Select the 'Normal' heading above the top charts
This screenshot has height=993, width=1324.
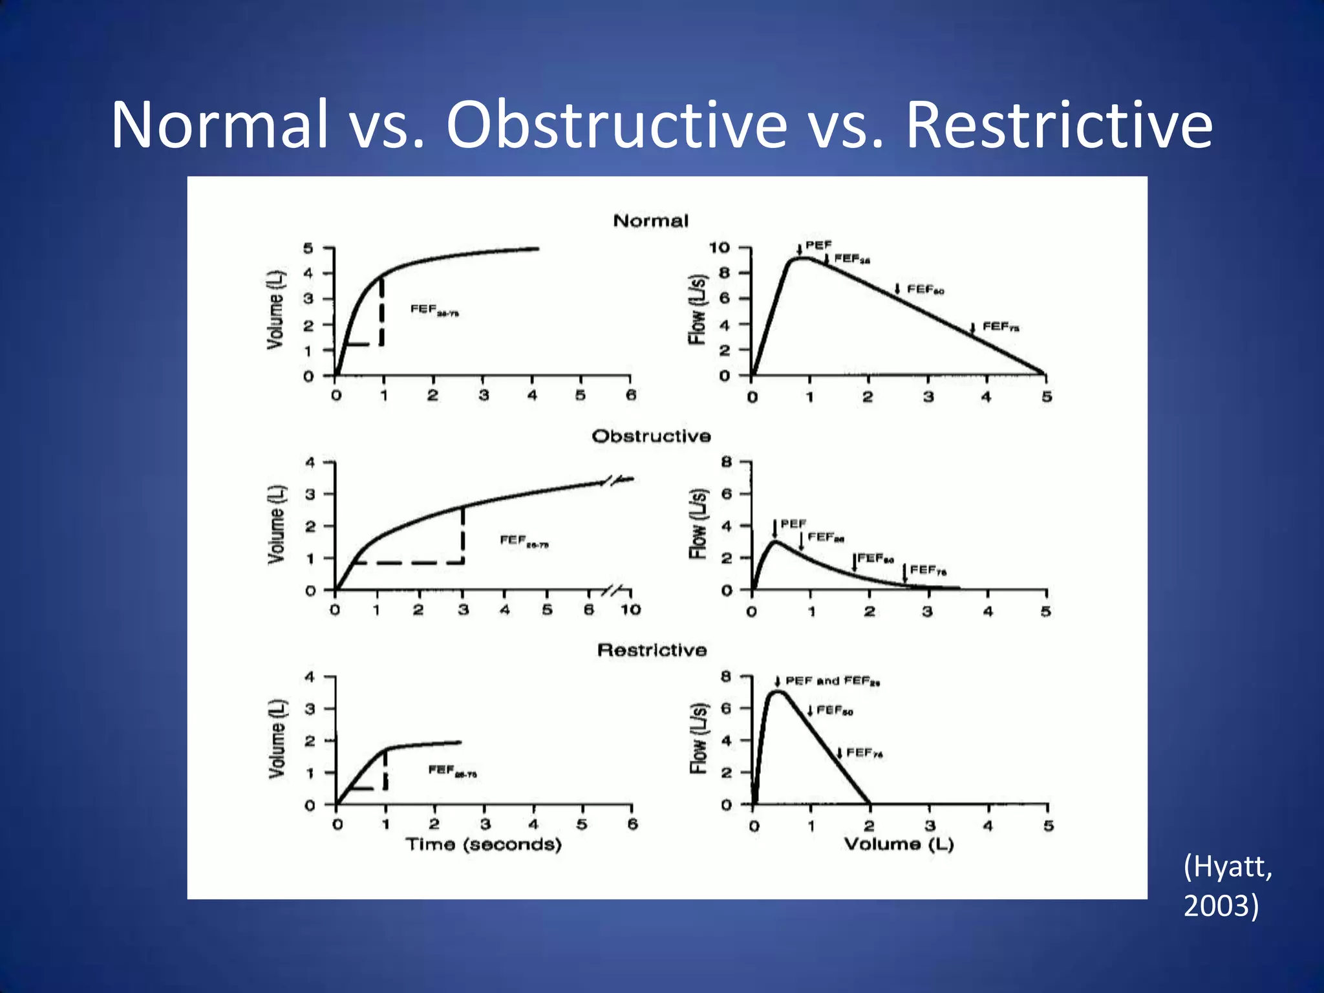[x=650, y=221]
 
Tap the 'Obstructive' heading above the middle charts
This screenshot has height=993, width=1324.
[x=651, y=436]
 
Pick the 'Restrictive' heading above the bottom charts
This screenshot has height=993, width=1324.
[x=652, y=650]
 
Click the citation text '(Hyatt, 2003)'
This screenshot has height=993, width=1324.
[x=1227, y=885]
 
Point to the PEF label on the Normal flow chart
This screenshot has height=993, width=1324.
[x=818, y=245]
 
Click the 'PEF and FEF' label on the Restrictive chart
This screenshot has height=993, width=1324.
[x=832, y=681]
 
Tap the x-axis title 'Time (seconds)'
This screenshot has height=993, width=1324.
[x=484, y=844]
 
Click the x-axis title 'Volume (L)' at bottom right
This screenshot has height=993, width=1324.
[x=899, y=844]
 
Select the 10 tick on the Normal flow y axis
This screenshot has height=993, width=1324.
[x=720, y=248]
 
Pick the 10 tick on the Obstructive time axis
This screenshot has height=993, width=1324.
[x=630, y=610]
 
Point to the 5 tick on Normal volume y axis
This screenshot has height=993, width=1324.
[x=308, y=248]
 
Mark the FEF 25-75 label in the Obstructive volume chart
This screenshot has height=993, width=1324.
[x=524, y=540]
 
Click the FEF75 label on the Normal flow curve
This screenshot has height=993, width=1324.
[x=1000, y=326]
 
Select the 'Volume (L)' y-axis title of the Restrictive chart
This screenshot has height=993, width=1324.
[x=277, y=738]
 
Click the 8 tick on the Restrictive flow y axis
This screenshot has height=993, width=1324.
[x=726, y=676]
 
